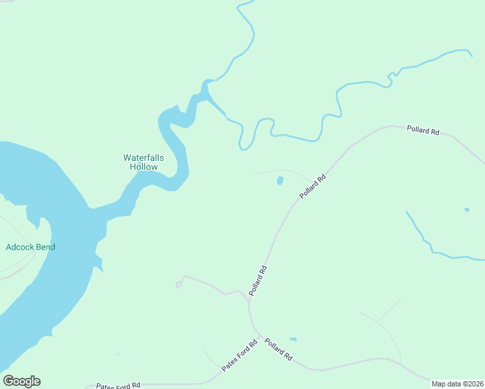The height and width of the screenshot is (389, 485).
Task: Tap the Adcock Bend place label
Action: point(30,247)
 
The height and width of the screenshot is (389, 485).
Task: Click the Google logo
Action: point(21,381)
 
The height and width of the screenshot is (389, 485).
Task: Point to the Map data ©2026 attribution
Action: point(457,384)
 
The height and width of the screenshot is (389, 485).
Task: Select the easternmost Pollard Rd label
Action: point(423,130)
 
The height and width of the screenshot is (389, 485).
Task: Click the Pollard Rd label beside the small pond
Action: point(311,187)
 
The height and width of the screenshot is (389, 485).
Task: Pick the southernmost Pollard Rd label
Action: point(278,349)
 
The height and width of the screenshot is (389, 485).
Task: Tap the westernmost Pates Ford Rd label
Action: point(118,385)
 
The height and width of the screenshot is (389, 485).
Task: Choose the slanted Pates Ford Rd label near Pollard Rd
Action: point(239,356)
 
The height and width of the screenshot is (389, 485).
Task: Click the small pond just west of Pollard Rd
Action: point(280,181)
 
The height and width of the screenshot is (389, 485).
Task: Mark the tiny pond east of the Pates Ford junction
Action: point(293,339)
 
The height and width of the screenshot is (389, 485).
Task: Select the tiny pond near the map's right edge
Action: point(466,209)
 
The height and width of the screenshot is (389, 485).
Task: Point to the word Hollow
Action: point(143,167)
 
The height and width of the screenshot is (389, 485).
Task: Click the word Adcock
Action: point(19,247)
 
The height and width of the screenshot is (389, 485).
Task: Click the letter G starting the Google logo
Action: point(8,381)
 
